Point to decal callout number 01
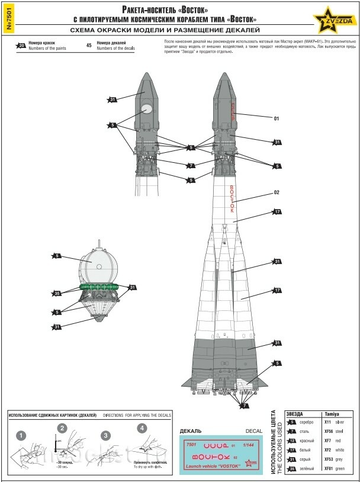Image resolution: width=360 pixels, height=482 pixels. (x=276, y=118)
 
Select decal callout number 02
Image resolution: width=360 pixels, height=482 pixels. (x=276, y=192)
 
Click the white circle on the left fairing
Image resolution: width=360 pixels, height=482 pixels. (x=146, y=109)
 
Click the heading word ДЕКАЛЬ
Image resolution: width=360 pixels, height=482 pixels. (x=191, y=431)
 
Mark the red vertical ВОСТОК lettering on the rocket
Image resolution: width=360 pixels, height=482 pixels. (x=232, y=199)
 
